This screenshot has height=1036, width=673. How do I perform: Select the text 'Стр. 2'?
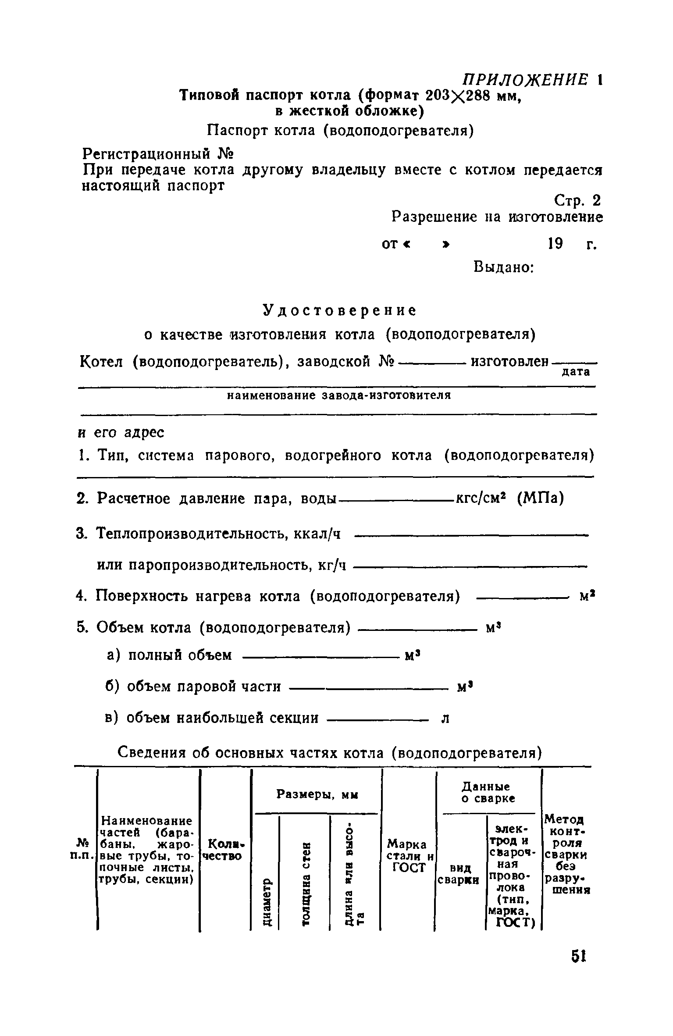coord(577,201)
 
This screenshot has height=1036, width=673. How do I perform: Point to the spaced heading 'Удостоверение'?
coord(339,310)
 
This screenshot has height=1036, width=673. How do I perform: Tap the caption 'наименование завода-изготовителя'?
coord(338,395)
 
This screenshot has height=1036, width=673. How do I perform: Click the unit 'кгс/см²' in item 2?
coord(482,498)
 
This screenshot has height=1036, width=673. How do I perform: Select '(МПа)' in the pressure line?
coord(541,498)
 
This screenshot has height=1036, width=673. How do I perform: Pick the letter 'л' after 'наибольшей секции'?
coord(445,718)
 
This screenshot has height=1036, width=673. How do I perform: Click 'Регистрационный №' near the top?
coord(158,154)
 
